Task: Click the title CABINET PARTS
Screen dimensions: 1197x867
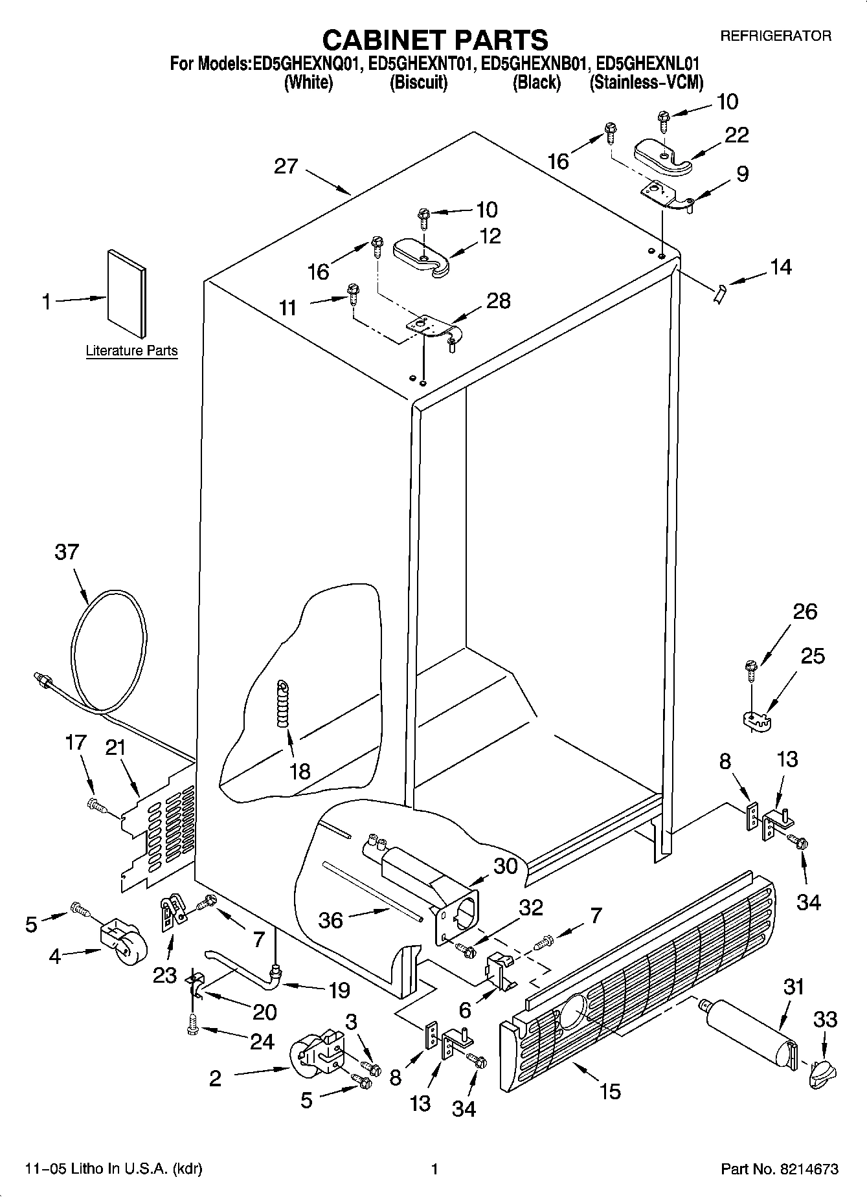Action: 434,39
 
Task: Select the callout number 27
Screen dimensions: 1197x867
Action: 286,166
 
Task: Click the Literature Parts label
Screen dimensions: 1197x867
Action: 131,351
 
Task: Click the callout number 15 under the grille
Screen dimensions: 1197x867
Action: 610,1091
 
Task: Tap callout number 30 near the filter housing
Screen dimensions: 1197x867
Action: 505,865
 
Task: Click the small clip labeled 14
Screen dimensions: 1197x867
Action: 718,295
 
